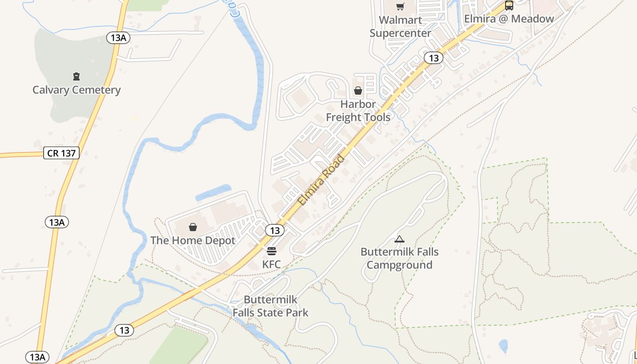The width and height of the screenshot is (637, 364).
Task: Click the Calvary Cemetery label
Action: [76, 90]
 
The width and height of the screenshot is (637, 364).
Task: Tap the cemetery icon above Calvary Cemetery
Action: [76, 76]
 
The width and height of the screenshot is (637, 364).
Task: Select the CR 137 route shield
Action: [61, 153]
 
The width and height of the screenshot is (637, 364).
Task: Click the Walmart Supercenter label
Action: [400, 26]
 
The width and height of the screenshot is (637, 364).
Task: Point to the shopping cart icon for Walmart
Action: [400, 6]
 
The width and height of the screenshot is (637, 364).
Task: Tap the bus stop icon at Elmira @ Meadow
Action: [509, 6]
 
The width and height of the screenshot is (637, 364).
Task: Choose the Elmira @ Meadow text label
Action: [509, 19]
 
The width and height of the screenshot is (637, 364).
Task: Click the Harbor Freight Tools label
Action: [358, 111]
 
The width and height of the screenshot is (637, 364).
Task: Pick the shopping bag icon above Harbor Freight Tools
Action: [358, 91]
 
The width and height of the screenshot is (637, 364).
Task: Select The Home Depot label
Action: [193, 240]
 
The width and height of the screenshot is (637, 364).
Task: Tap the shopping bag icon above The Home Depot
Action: [193, 227]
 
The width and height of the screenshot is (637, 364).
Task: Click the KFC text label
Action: [271, 264]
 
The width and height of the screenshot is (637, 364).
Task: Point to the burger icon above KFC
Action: [272, 251]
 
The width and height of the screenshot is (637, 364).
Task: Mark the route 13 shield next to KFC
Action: [275, 230]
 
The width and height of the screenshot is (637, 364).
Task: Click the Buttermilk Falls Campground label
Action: [399, 258]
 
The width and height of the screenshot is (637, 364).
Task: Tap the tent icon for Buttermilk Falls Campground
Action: [399, 239]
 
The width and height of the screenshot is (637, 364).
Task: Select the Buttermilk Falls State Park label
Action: [271, 306]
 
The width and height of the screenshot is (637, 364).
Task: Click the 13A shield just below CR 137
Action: [57, 222]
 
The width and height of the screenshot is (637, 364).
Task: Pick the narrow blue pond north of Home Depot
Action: [213, 192]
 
